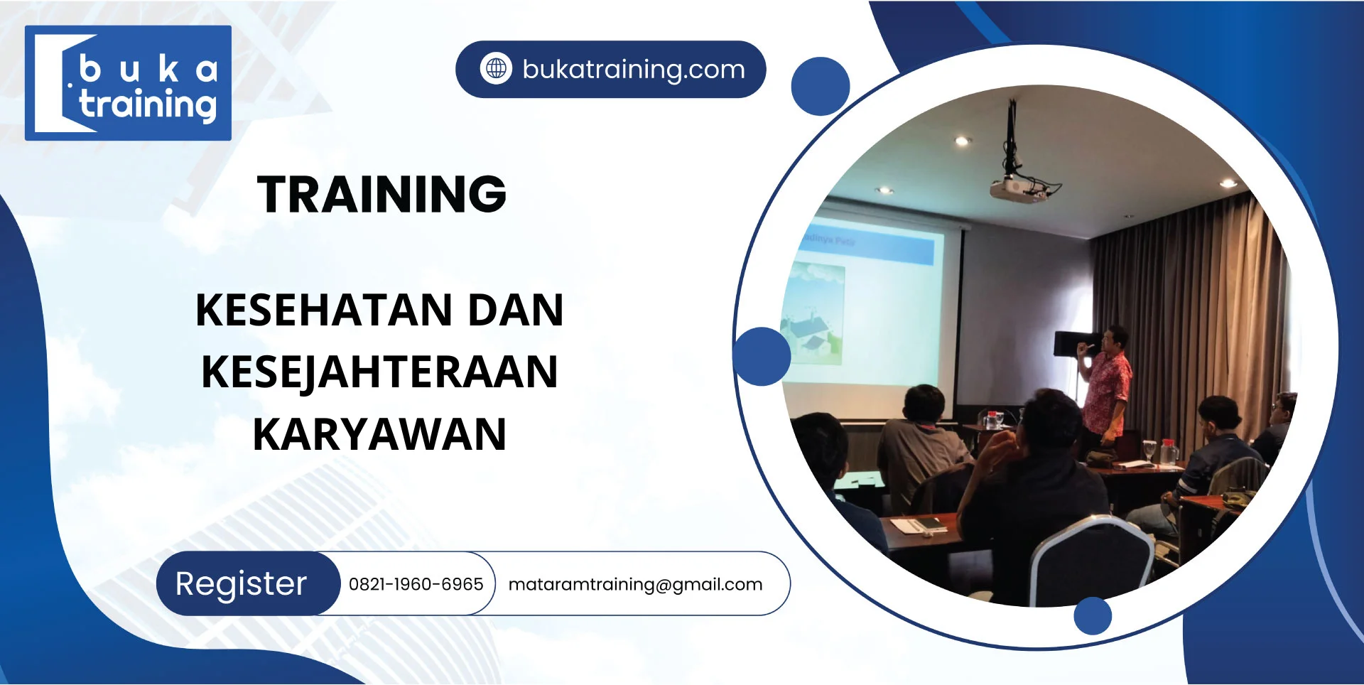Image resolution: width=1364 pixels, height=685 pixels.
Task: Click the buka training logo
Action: pos(128,83)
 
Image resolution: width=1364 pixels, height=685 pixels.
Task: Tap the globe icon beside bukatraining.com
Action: pos(496,69)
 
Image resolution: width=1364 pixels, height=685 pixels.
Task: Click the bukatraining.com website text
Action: pos(634,70)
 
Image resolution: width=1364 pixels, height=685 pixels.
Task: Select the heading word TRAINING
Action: pos(381,194)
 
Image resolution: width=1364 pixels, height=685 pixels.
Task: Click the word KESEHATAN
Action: pos(324,310)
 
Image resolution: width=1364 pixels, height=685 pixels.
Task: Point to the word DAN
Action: pos(516,310)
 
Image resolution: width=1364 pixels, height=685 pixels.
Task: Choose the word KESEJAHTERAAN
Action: pos(380,372)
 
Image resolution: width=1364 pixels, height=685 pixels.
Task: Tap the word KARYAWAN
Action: pos(380,434)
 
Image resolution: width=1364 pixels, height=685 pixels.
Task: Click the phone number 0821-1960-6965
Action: pos(416,584)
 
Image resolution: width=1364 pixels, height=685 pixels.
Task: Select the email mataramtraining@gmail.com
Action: pos(635,585)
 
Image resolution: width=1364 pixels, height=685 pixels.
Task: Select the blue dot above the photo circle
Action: pos(821,86)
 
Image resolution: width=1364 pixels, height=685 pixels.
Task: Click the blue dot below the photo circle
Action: pos(1093,615)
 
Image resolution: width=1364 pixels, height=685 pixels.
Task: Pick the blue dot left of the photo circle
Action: pos(762,356)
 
